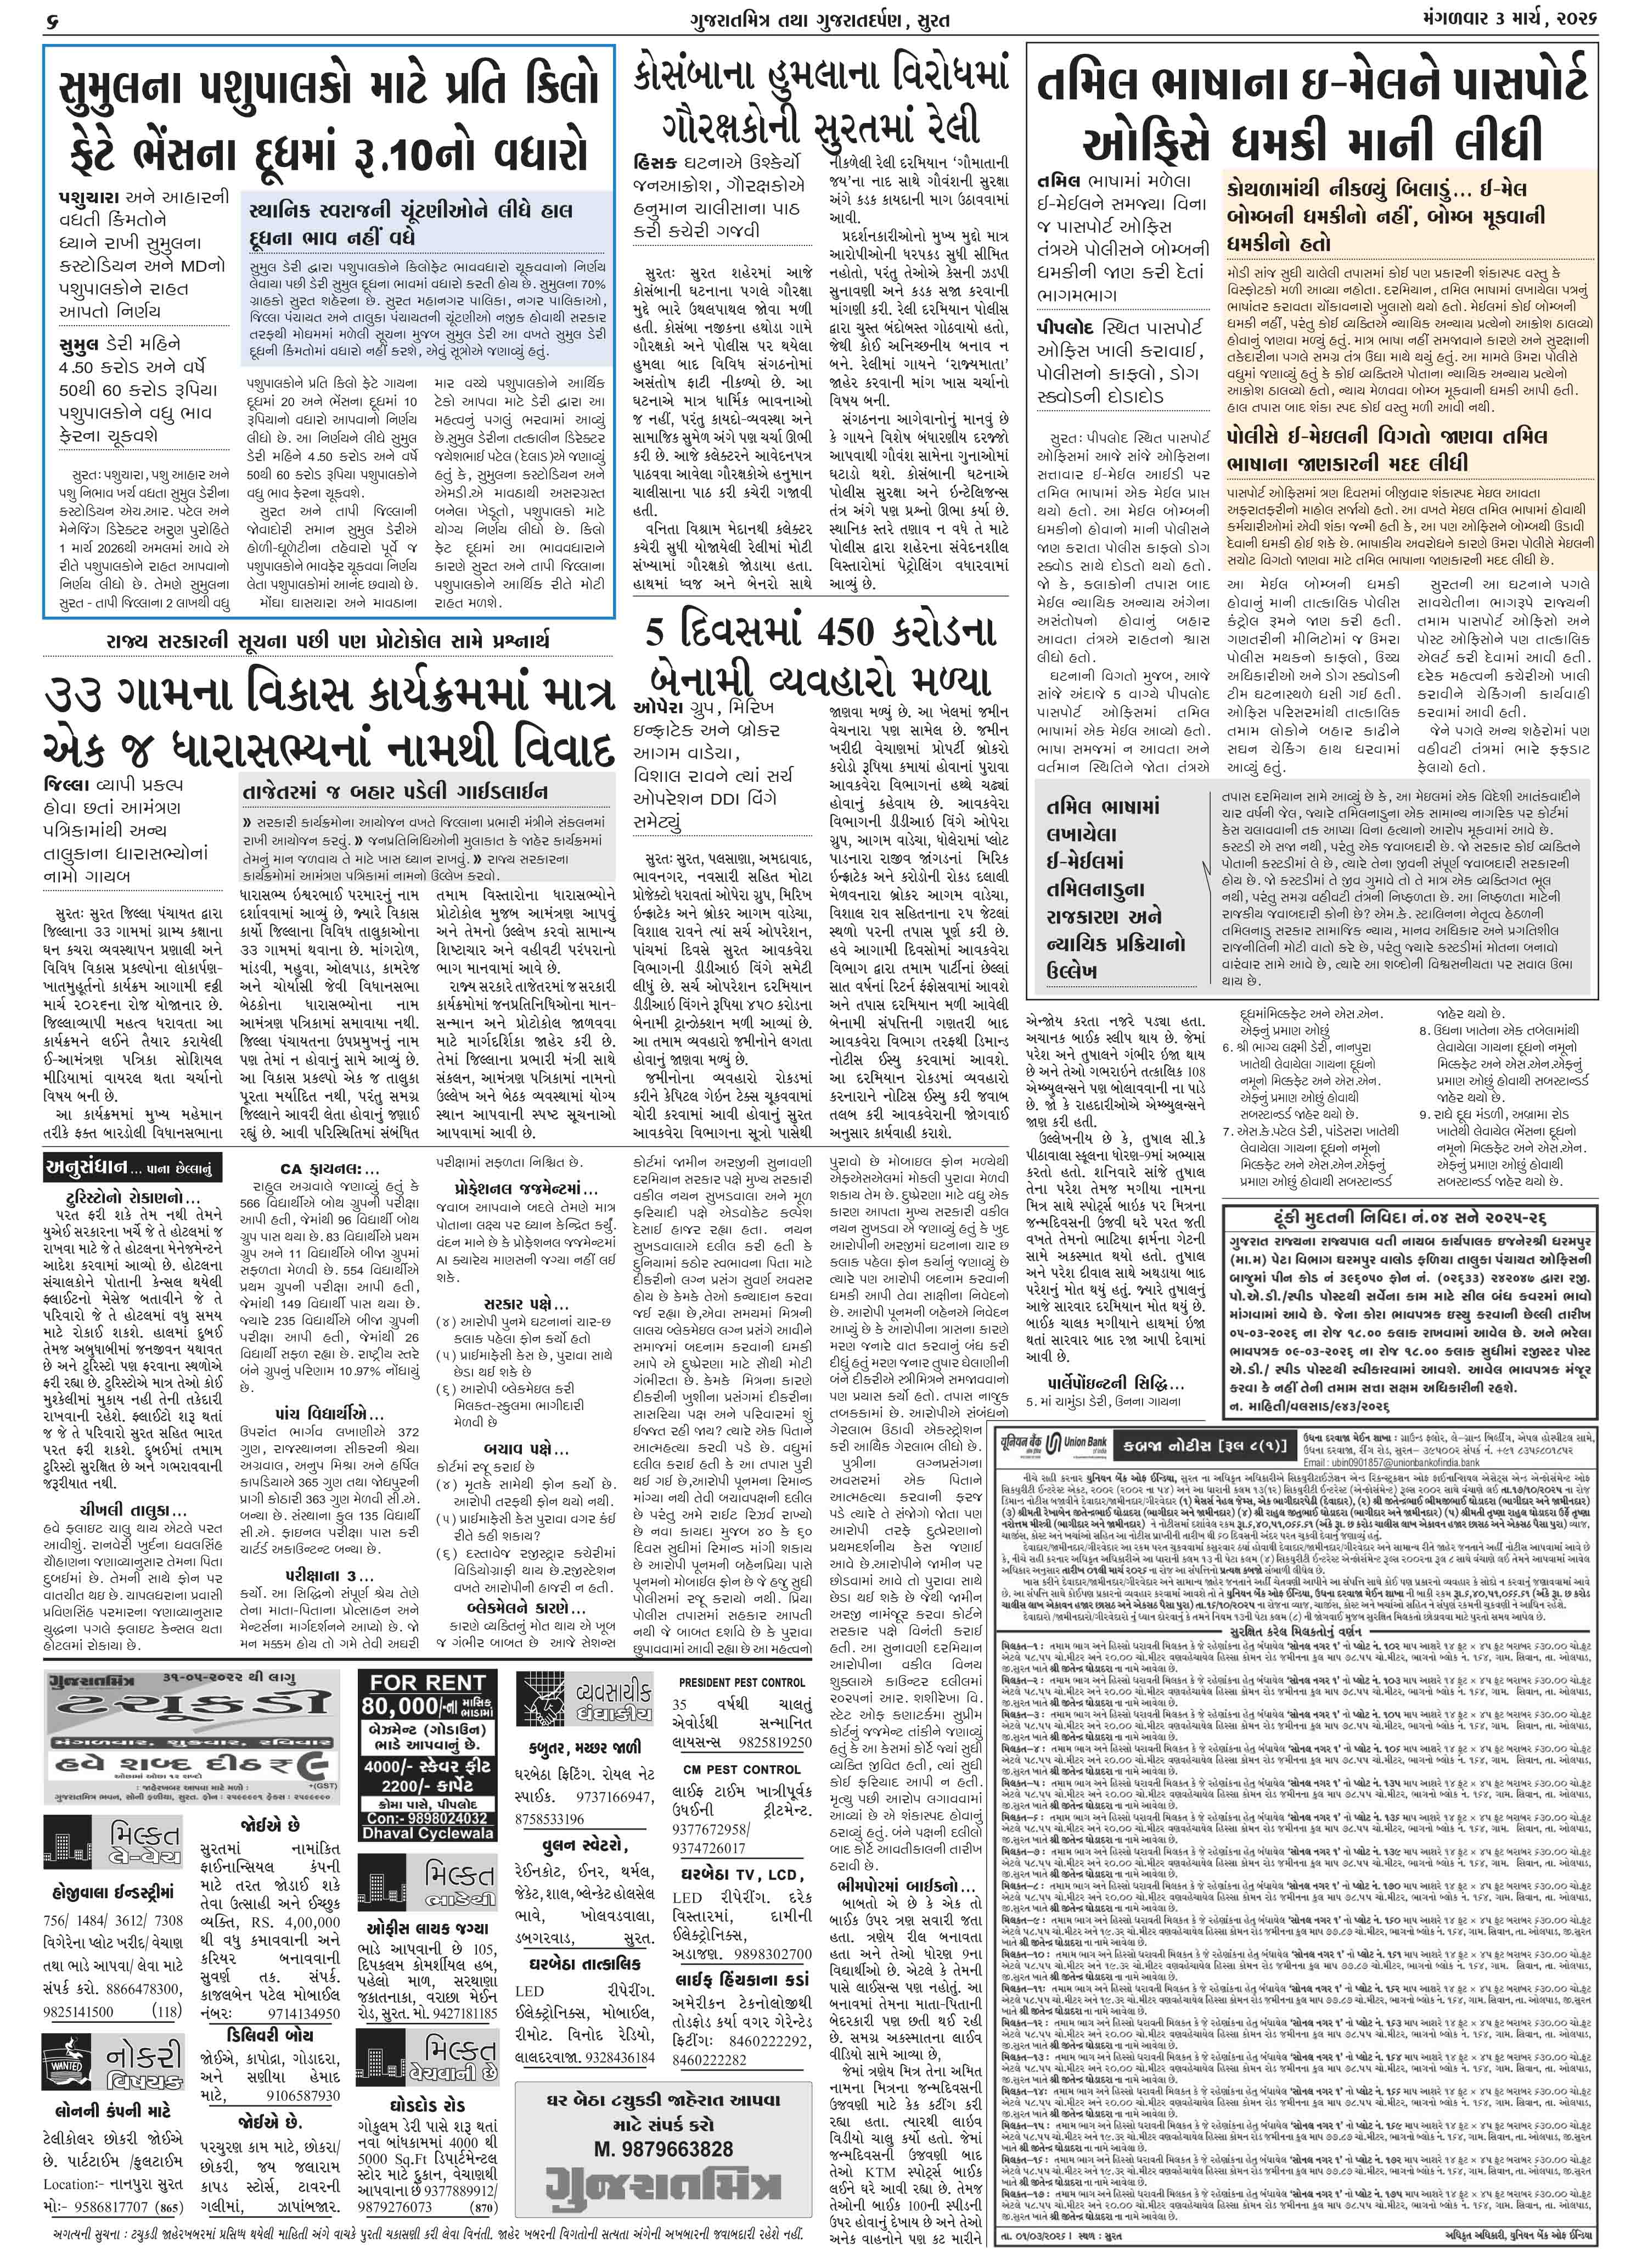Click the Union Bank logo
pyautogui.click(x=1044, y=1442)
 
